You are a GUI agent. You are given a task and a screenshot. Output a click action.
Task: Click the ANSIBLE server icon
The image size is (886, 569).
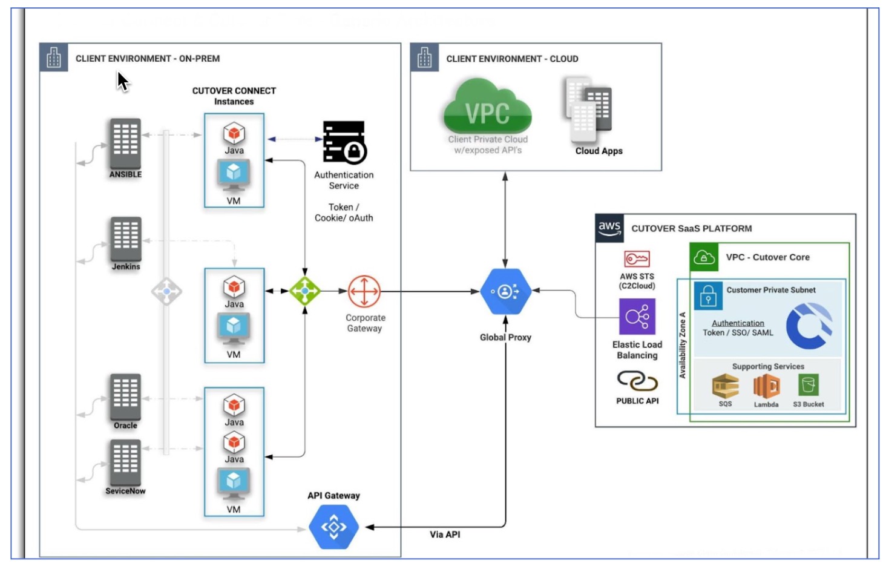(125, 143)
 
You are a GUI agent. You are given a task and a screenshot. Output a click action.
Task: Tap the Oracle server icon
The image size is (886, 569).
(125, 397)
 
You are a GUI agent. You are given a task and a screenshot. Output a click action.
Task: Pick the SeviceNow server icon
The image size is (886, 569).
(125, 462)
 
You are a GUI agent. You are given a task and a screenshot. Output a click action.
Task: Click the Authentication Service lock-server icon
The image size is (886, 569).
(344, 142)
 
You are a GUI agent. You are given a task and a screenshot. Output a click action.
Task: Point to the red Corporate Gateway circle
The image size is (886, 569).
(364, 292)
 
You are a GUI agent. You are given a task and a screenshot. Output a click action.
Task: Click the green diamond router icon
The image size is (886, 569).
(304, 291)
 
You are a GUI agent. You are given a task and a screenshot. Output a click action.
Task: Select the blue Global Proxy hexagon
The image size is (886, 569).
(505, 292)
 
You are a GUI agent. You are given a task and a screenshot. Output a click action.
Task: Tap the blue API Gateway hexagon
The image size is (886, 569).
(333, 527)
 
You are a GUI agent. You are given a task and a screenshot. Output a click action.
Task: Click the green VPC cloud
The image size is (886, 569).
(487, 106)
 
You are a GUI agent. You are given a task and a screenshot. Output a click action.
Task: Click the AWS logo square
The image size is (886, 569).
(609, 228)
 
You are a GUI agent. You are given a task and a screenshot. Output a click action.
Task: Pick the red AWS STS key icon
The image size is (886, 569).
(637, 259)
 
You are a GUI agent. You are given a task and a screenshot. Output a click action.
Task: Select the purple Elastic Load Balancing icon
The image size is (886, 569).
(637, 317)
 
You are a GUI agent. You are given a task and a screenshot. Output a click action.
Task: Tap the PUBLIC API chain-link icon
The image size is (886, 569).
(637, 381)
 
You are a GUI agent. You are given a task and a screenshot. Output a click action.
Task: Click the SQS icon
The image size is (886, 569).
(725, 386)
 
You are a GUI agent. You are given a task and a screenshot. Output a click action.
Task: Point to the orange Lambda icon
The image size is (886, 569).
(766, 386)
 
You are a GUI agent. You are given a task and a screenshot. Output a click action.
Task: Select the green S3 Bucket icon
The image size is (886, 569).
(808, 385)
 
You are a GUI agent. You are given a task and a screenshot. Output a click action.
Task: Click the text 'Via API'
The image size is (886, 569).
(445, 534)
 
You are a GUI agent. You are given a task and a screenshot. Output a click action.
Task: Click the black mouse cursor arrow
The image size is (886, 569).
(123, 82)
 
